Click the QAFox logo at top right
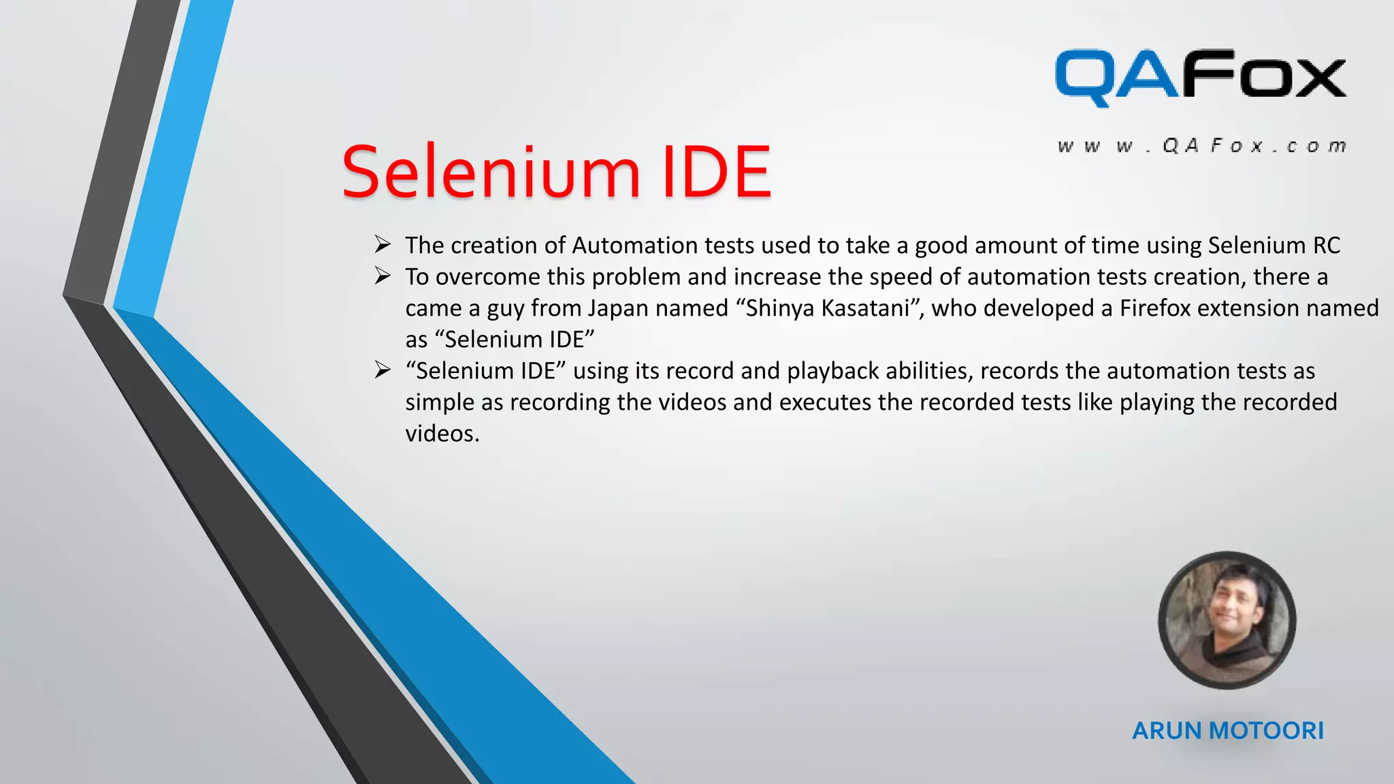tap(1200, 76)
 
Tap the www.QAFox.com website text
tap(1202, 146)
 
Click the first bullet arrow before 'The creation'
tap(383, 244)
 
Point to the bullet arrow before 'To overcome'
tap(383, 276)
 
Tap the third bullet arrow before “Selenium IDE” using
tap(383, 370)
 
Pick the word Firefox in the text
tap(1155, 308)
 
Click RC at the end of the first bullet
tap(1326, 245)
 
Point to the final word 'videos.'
tap(442, 434)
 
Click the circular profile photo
tap(1227, 620)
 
